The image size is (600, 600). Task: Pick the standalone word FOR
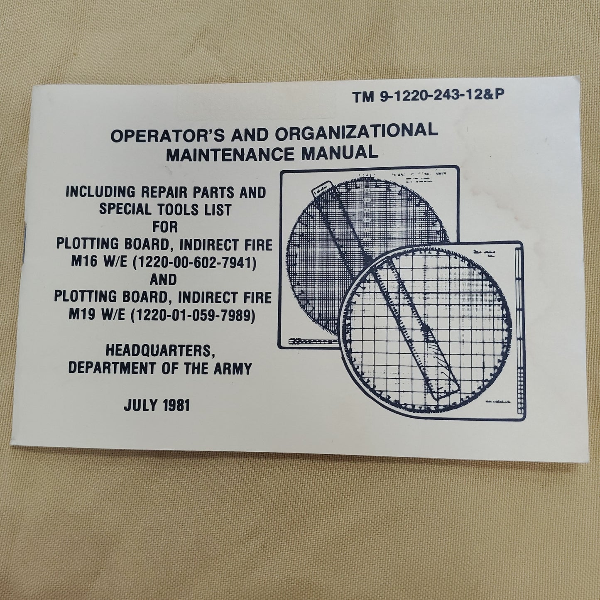coord(164,227)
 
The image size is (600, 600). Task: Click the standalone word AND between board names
coord(164,280)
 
